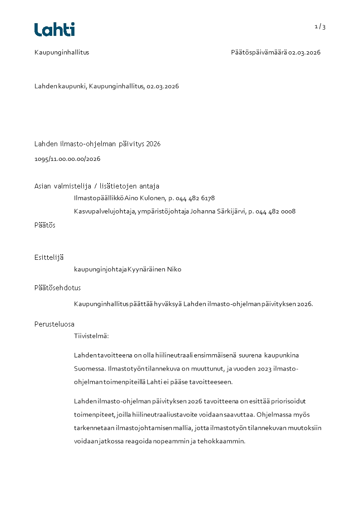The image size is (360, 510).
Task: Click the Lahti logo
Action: pos(54,30)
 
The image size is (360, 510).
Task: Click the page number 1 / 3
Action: pos(320,27)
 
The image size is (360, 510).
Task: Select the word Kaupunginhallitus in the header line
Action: pos(62,52)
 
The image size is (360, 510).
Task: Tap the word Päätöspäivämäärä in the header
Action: pos(259,52)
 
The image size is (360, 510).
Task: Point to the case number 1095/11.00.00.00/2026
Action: pos(67,159)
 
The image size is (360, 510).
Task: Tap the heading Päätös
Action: pos(45,225)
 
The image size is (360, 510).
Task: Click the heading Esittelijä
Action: pos(49,257)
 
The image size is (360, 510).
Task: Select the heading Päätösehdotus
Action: pos(58,288)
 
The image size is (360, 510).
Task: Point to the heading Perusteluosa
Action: pos(54,324)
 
